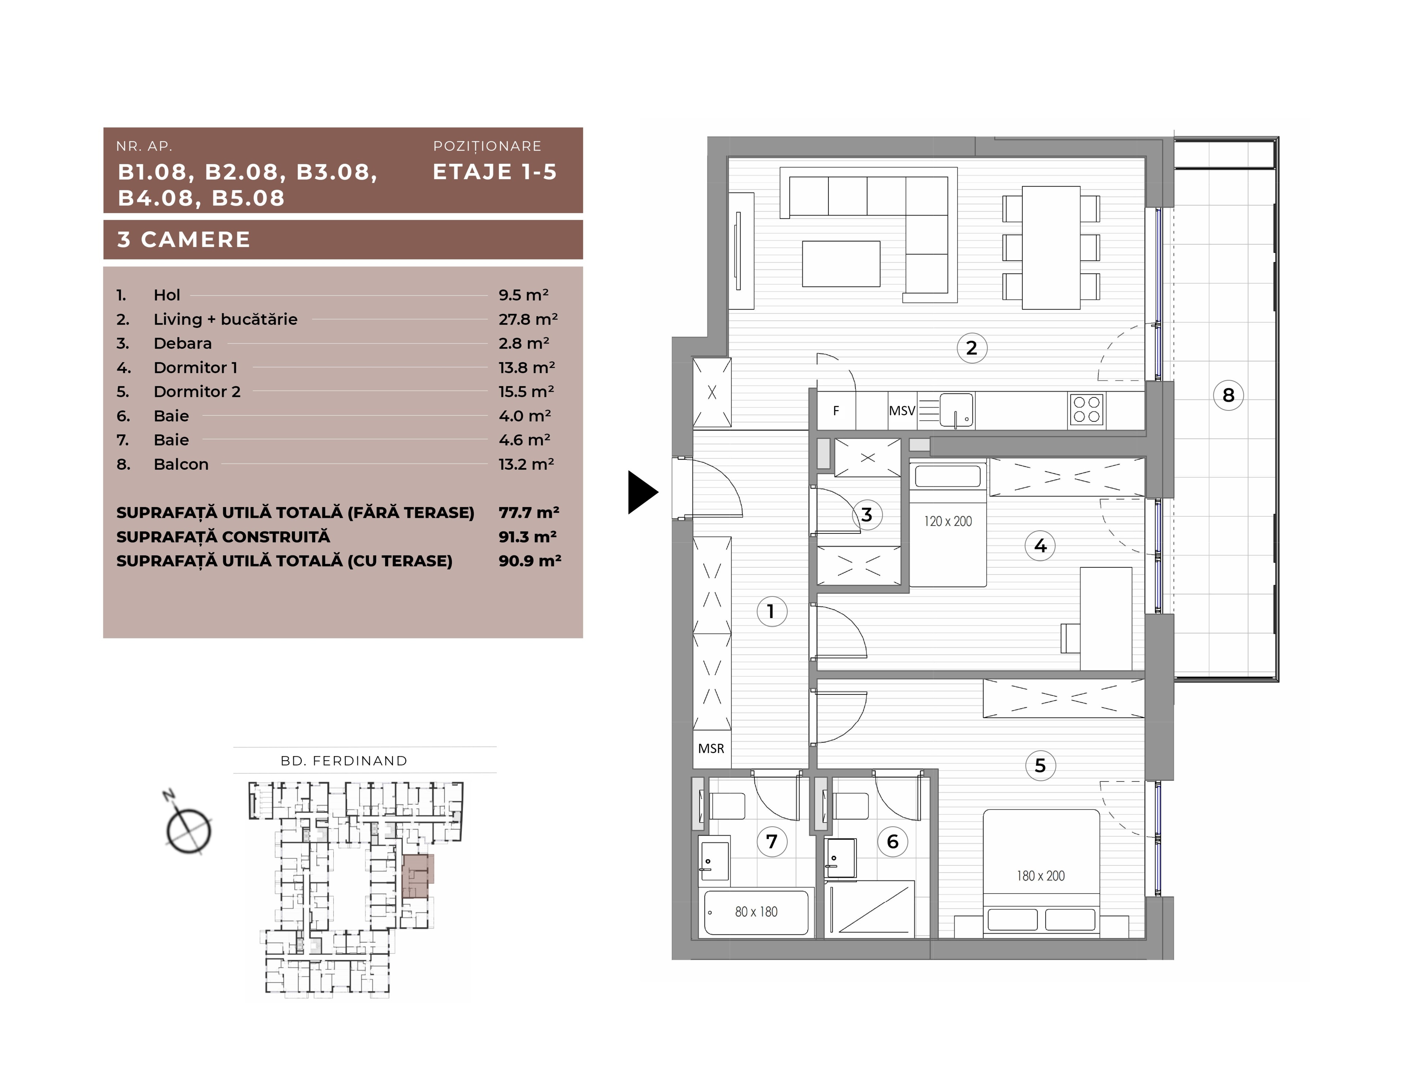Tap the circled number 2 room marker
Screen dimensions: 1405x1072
tap(972, 348)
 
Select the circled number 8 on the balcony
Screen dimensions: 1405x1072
tap(1228, 395)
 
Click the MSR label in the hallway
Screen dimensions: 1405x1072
tap(711, 749)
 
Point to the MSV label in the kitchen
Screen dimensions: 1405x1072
tap(902, 411)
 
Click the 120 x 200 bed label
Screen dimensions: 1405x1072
tap(948, 521)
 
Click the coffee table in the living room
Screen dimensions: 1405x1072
tap(841, 263)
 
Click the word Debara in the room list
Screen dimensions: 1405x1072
tap(183, 343)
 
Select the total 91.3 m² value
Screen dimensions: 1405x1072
tap(528, 537)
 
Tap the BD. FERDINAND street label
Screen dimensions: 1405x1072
tap(344, 761)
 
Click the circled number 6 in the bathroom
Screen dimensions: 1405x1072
tap(893, 842)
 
